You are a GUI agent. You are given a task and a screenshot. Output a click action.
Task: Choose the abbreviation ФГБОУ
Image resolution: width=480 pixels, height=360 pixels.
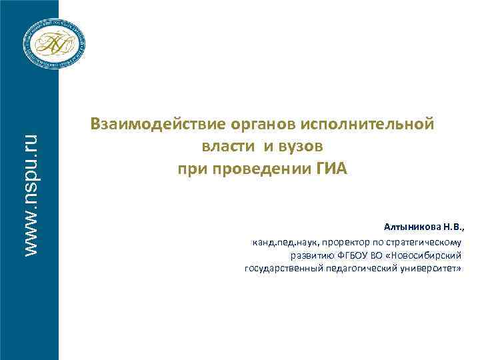[349, 255]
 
